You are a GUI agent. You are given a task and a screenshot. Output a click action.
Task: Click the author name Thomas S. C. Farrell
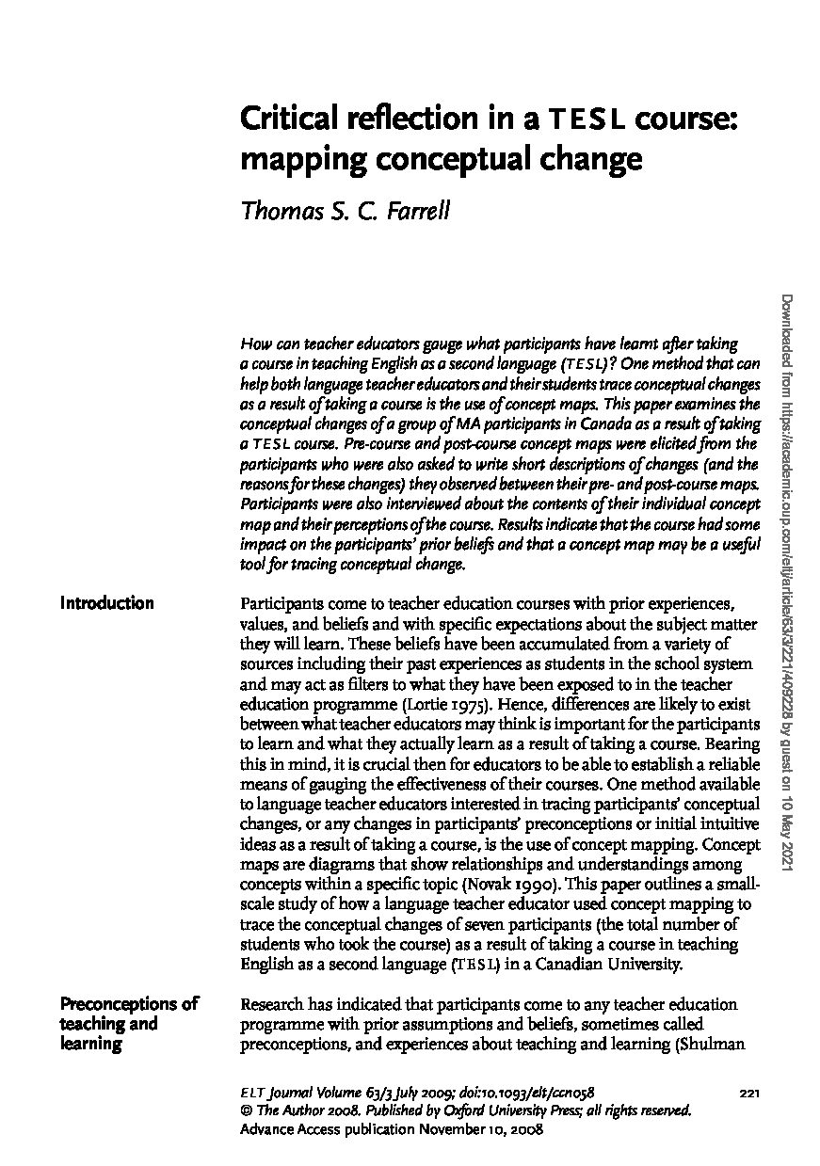click(x=346, y=210)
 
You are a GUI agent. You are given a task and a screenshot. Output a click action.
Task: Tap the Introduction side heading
click(x=106, y=603)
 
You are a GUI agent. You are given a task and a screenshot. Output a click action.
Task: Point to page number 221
click(x=749, y=1093)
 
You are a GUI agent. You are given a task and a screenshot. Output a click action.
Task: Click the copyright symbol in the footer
click(x=247, y=1110)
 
